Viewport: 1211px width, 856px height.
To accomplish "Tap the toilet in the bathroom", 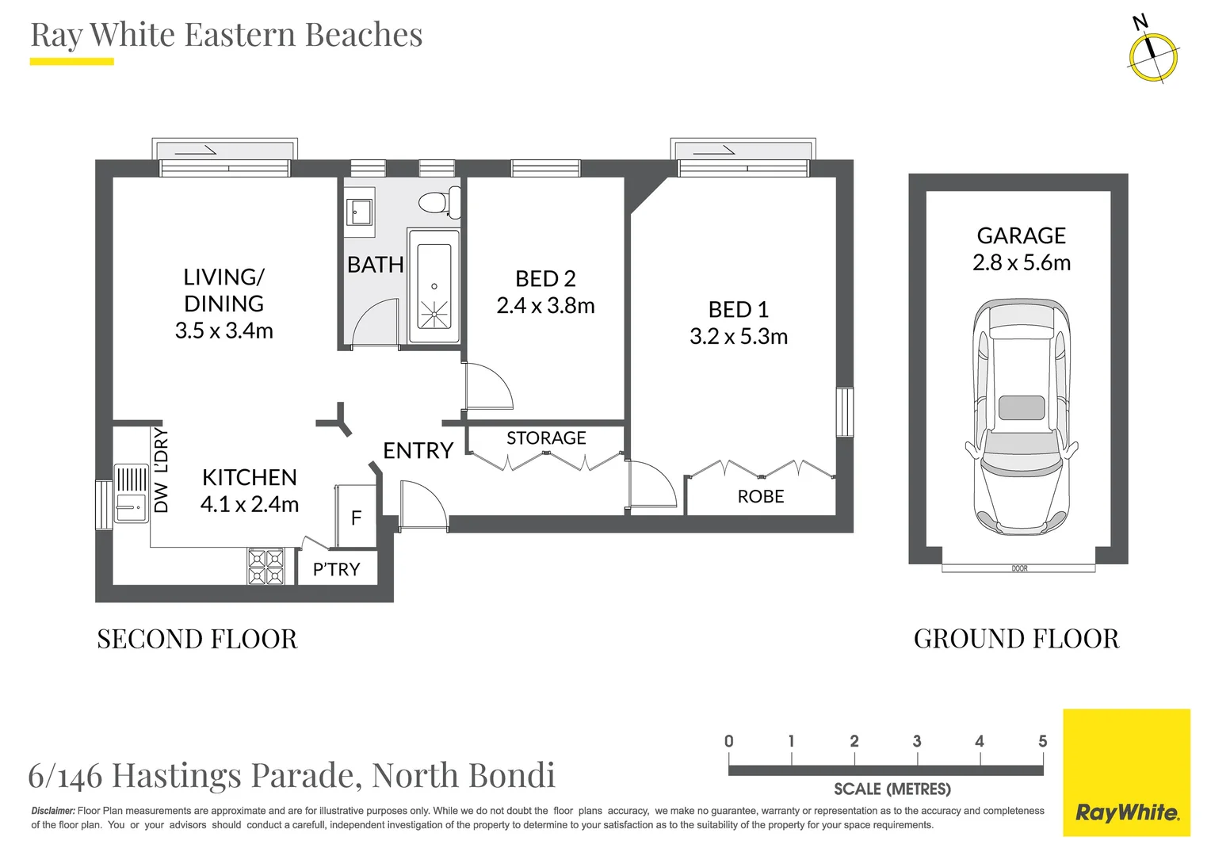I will (x=437, y=202).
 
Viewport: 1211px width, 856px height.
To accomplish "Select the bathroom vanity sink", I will (x=360, y=212).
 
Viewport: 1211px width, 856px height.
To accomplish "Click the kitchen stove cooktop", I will (x=266, y=567).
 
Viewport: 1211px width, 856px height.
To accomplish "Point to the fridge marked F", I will (x=356, y=518).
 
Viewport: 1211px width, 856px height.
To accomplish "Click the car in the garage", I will (x=1021, y=417).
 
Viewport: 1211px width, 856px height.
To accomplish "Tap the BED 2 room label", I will (x=545, y=279).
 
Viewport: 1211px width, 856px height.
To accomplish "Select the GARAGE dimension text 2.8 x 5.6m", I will (x=1021, y=262).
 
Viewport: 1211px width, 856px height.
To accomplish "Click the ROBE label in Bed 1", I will (x=760, y=497).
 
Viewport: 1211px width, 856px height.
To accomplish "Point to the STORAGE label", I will (x=546, y=438).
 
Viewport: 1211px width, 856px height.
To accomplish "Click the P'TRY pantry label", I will (x=336, y=569).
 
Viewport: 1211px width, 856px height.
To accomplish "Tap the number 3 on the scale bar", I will (x=917, y=741).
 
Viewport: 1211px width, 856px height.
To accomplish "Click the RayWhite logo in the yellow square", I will (x=1126, y=812).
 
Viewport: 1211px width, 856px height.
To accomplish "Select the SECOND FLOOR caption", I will (x=197, y=639).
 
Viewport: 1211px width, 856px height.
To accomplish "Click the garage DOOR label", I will (x=1019, y=568).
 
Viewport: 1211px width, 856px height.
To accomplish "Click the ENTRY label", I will (x=418, y=451).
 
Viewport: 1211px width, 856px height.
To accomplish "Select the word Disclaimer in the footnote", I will (x=53, y=811).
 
